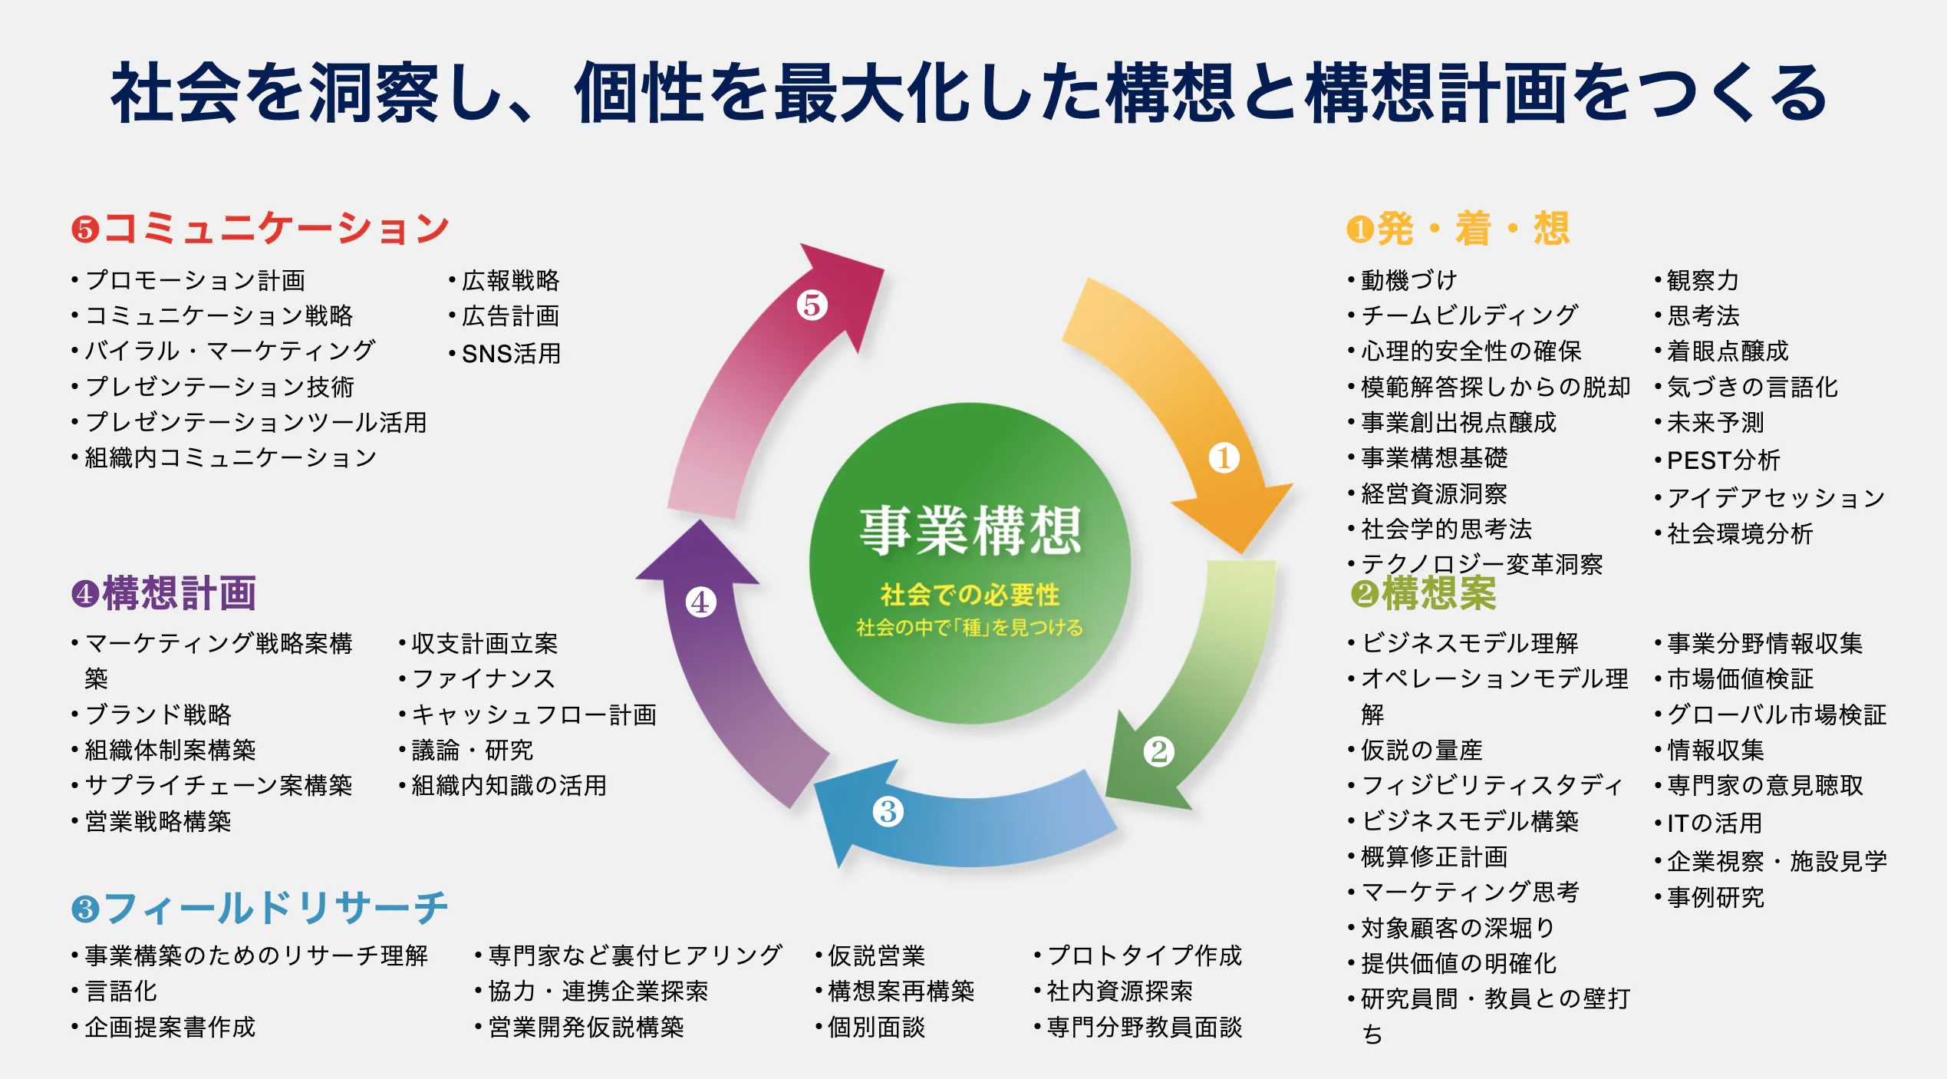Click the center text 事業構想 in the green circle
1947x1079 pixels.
970,531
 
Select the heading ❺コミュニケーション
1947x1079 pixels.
261,229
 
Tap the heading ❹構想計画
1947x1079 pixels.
164,593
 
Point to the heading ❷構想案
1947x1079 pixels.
1424,593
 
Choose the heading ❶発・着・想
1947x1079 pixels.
1458,229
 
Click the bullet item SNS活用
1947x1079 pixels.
511,354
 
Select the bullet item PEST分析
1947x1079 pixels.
1723,460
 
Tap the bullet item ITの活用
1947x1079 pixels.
1714,823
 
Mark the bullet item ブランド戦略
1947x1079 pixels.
158,714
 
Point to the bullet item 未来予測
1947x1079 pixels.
1715,422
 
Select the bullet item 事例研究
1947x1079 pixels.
1715,897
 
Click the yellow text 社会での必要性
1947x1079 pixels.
970,594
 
